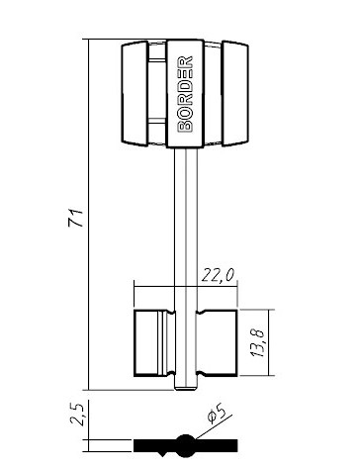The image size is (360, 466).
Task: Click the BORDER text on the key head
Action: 185,94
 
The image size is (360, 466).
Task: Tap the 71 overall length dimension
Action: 76,218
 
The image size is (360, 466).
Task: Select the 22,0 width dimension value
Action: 218,275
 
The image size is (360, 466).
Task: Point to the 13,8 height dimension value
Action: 257,343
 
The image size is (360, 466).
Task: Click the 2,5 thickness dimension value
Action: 78,415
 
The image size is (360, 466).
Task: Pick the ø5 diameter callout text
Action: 217,413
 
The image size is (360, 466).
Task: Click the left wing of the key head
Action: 135,93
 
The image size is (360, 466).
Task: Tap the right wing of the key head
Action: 235,93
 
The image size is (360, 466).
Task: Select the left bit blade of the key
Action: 154,343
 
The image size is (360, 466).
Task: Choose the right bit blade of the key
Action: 217,343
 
